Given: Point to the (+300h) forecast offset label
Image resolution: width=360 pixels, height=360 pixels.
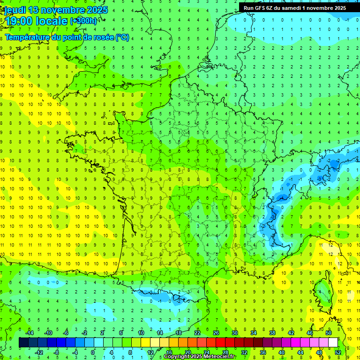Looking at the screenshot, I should [x=83, y=21].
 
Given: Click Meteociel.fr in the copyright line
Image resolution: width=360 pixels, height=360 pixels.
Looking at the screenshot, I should [x=220, y=357].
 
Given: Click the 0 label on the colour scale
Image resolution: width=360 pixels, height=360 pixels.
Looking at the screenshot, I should [x=93, y=352].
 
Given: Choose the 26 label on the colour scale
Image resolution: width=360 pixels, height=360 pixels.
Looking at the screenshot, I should [x=216, y=333].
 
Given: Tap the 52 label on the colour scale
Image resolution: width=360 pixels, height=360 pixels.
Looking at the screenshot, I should [x=337, y=352].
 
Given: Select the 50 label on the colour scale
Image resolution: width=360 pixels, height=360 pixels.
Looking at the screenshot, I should [x=329, y=333].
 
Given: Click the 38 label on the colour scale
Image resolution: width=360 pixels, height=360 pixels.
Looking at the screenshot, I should [x=272, y=333].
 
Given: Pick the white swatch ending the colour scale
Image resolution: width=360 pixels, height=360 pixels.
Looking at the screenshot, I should [x=333, y=343].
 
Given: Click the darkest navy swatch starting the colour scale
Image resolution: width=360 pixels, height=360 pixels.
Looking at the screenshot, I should [x=23, y=343].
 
